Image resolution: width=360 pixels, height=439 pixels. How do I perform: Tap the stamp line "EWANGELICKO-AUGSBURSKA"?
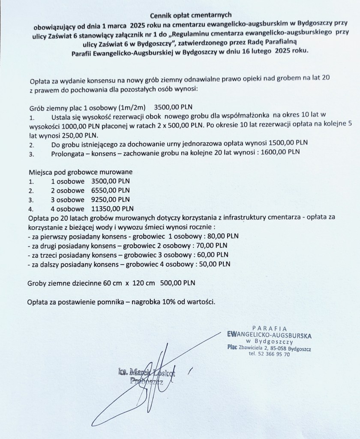269,334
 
